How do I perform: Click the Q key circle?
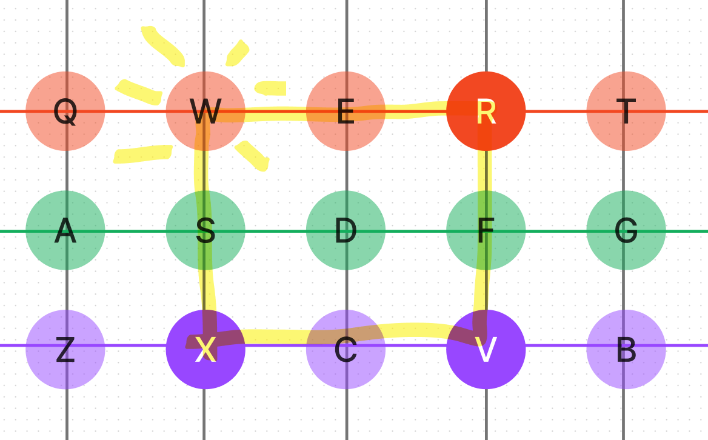pyautogui.click(x=65, y=111)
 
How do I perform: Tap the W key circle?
pyautogui.click(x=205, y=111)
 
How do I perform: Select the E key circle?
pyautogui.click(x=346, y=111)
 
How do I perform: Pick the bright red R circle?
pyautogui.click(x=486, y=111)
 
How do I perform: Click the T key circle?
pyautogui.click(x=626, y=111)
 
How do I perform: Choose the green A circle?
pyautogui.click(x=65, y=230)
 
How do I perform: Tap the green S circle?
pyautogui.click(x=205, y=230)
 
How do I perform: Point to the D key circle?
pyautogui.click(x=346, y=230)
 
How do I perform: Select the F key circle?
pyautogui.click(x=486, y=230)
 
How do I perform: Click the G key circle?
pyautogui.click(x=626, y=230)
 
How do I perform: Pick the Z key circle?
pyautogui.click(x=65, y=349)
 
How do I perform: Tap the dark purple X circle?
pyautogui.click(x=205, y=349)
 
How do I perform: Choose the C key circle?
pyautogui.click(x=346, y=349)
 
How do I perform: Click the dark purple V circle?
pyautogui.click(x=486, y=349)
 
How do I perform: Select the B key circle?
pyautogui.click(x=626, y=349)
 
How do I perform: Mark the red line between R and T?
pyautogui.click(x=556, y=111)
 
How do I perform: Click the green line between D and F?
pyautogui.click(x=416, y=231)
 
